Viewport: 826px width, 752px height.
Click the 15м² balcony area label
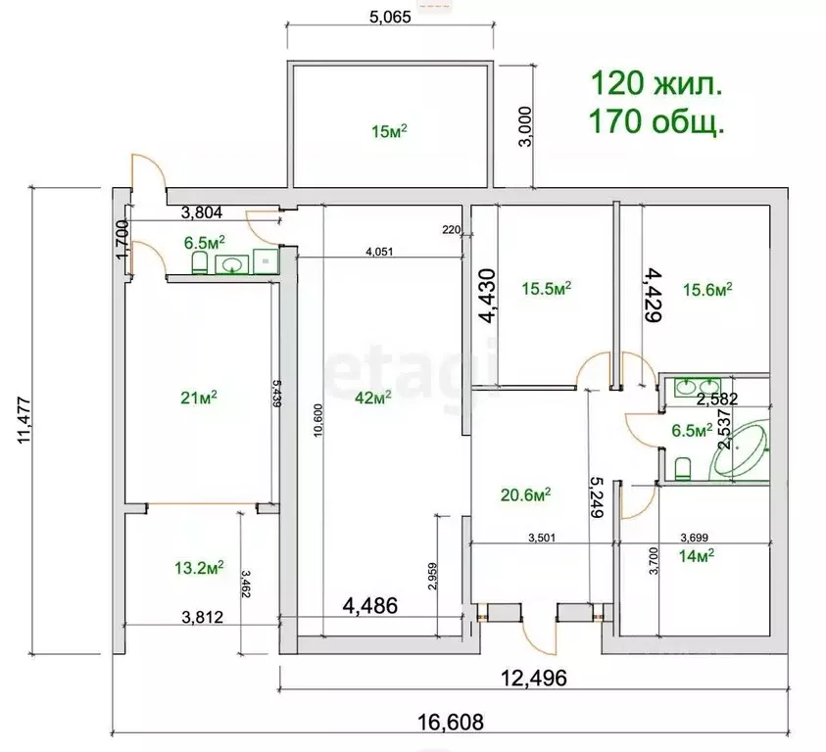pos(389,130)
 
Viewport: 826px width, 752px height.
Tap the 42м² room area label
pos(373,398)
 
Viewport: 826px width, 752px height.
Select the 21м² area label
pos(199,398)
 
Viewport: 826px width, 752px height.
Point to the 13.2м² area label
pos(199,567)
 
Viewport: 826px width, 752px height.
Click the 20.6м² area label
pos(526,494)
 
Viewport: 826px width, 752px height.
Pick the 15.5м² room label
pos(547,288)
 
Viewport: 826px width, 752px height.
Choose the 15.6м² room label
pos(707,289)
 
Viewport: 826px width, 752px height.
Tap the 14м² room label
pos(697,555)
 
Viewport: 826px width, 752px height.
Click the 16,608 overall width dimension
pos(451,722)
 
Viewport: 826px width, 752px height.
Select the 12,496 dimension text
pos(534,679)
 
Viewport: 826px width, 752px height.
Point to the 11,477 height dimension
pos(24,420)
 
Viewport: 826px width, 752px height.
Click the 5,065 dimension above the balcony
pos(390,17)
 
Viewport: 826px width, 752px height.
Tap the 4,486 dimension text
pos(370,605)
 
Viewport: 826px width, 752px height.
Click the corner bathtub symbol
pos(740,448)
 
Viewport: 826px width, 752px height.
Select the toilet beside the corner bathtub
pos(683,469)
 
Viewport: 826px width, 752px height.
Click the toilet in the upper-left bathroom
pos(199,262)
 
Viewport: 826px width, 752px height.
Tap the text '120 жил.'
pos(656,84)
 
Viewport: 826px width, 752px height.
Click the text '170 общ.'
pos(656,121)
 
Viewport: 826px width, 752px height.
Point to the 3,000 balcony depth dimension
pos(525,126)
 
